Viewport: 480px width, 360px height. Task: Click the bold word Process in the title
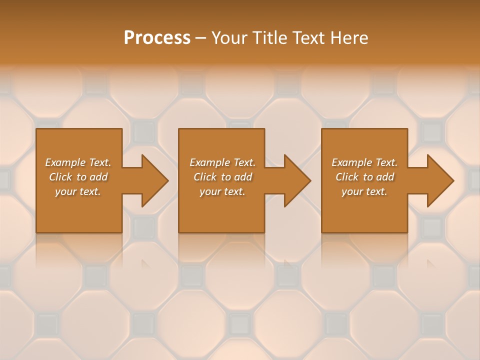tap(157, 38)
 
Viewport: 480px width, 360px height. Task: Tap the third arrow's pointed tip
tap(453, 180)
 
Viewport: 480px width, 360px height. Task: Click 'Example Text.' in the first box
tap(78, 162)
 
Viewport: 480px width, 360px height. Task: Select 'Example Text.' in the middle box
tap(222, 162)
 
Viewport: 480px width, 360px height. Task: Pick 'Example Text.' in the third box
tap(364, 162)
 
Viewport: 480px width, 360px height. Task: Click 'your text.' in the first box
tap(78, 191)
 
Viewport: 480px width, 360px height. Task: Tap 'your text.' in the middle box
tap(222, 191)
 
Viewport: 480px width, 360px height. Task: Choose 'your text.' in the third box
tap(364, 191)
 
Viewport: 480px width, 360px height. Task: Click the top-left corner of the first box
tap(37, 129)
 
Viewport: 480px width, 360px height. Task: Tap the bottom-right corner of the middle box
tap(264, 232)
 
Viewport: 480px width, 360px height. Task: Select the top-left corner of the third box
tap(322, 129)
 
